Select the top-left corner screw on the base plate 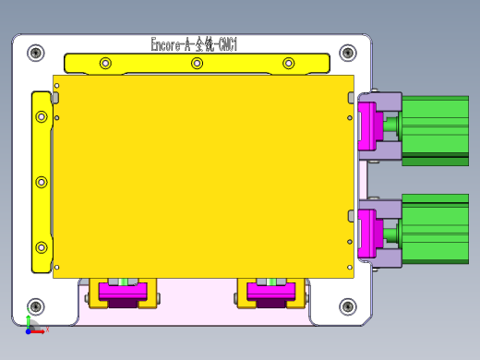click(36, 53)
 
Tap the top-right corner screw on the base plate click(347, 53)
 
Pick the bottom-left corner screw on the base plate click(36, 306)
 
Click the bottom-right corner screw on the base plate click(347, 306)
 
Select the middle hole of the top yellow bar click(197, 64)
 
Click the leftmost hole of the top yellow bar click(105, 64)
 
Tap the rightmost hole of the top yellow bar click(288, 64)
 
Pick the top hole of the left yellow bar click(41, 117)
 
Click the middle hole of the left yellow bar click(41, 182)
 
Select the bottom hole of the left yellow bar click(41, 247)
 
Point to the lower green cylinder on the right click(435, 229)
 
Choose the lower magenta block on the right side click(366, 233)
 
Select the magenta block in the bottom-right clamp click(270, 293)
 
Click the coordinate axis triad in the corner click(31, 326)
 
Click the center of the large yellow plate click(203, 175)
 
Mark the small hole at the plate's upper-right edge click(349, 117)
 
